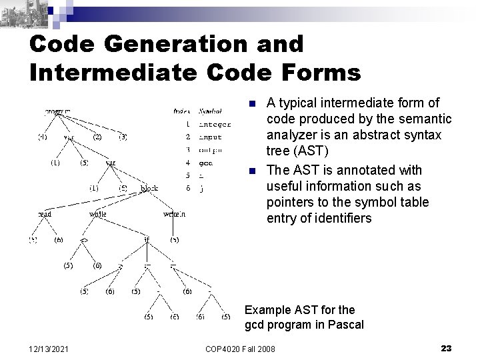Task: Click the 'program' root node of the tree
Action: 59,111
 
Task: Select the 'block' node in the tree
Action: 149,188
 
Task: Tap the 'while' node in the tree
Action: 98,214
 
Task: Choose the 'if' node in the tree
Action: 147,239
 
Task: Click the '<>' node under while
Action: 85,239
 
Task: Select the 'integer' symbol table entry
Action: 215,124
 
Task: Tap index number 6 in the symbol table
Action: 188,188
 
